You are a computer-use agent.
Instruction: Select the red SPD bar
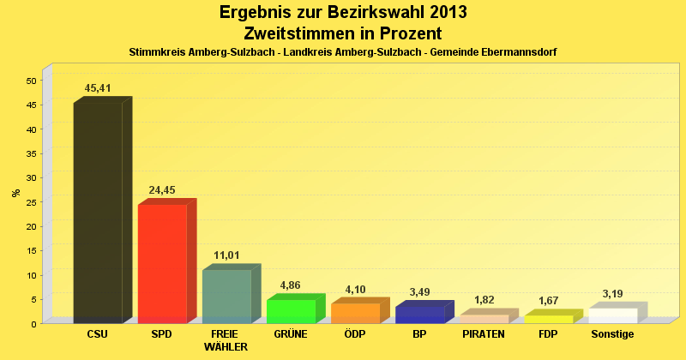pyautogui.click(x=162, y=263)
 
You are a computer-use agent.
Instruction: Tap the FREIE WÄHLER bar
pyautogui.click(x=226, y=296)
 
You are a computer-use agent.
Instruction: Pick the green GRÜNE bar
pyautogui.click(x=291, y=311)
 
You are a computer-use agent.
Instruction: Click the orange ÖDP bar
pyautogui.click(x=355, y=313)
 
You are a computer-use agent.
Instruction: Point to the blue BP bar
pyautogui.click(x=419, y=315)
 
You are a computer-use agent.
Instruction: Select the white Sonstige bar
pyautogui.click(x=612, y=315)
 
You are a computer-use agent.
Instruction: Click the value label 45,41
pyautogui.click(x=98, y=88)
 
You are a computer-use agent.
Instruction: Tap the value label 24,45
pyautogui.click(x=162, y=190)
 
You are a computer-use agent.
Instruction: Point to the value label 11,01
pyautogui.click(x=226, y=255)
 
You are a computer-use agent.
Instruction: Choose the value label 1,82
pyautogui.click(x=484, y=300)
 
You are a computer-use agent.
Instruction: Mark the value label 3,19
pyautogui.click(x=612, y=294)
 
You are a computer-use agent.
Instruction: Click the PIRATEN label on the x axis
pyautogui.click(x=484, y=333)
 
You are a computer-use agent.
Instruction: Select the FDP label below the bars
pyautogui.click(x=548, y=333)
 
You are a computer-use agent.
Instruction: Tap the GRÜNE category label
pyautogui.click(x=291, y=333)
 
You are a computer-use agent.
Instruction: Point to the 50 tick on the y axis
pyautogui.click(x=31, y=81)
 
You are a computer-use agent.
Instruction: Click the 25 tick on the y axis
pyautogui.click(x=31, y=202)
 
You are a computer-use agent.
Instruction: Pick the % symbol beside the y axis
pyautogui.click(x=16, y=193)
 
